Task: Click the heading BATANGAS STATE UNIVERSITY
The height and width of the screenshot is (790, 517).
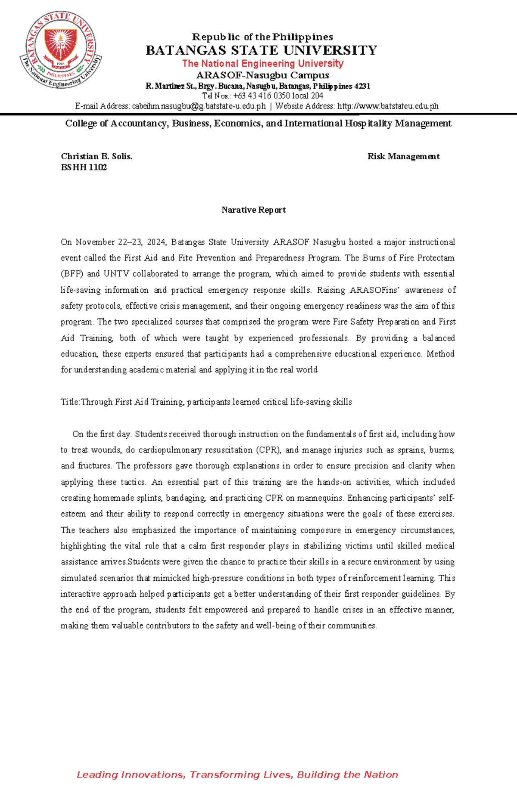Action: point(262,51)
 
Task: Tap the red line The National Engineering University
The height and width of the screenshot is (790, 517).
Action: point(262,64)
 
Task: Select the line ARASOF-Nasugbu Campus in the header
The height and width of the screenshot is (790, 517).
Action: point(262,75)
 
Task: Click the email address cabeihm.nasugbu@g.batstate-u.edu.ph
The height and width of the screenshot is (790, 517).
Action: point(199,106)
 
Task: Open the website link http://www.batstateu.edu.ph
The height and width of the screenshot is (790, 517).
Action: point(387,106)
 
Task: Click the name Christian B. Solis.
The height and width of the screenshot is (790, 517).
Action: point(97,157)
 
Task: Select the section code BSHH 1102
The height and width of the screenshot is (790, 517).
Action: point(84,167)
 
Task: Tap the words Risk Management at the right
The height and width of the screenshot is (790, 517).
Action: point(403,157)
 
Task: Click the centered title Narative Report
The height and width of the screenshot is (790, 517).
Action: point(253,210)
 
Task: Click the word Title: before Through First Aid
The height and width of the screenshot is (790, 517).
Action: point(70,402)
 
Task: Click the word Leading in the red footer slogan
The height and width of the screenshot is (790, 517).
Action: point(97,775)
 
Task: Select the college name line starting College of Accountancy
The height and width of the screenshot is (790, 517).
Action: point(258,124)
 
